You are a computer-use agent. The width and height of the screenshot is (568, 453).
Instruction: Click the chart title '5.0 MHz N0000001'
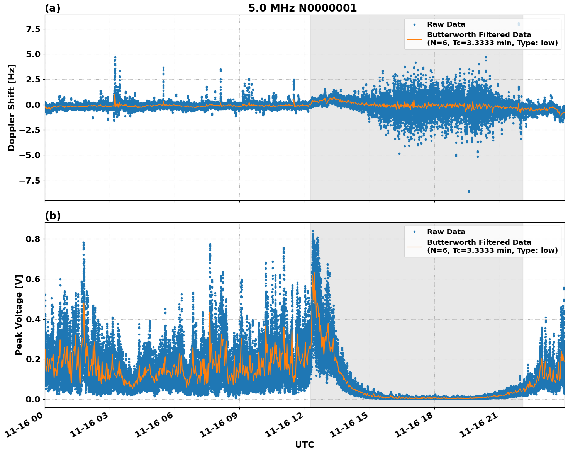tap(302, 8)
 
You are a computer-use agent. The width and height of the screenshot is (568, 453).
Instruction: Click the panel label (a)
tap(53, 8)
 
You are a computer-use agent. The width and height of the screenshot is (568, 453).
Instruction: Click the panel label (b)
tap(53, 216)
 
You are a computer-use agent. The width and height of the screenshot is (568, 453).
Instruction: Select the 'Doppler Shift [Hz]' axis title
tap(12, 107)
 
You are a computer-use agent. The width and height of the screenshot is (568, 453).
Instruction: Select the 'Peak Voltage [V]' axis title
tap(19, 315)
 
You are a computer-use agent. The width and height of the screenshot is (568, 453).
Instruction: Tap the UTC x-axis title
tap(304, 444)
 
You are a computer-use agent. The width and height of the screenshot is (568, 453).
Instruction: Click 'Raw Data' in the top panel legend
tap(446, 24)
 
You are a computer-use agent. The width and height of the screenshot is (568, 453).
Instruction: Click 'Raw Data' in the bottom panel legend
tap(446, 232)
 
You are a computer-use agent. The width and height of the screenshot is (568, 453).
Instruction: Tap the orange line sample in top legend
tap(414, 39)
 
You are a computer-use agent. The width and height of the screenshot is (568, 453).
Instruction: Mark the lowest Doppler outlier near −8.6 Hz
tap(469, 191)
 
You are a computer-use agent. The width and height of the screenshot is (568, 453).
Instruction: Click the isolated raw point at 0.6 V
tap(60, 279)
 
